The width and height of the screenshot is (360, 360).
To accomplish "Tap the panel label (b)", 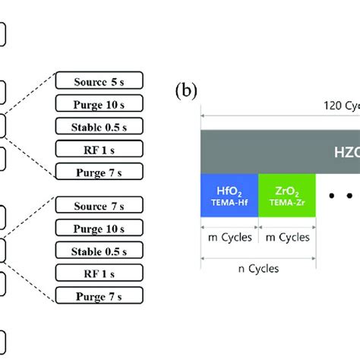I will click(x=185, y=93).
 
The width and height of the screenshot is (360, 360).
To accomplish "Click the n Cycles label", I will click(x=257, y=268).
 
